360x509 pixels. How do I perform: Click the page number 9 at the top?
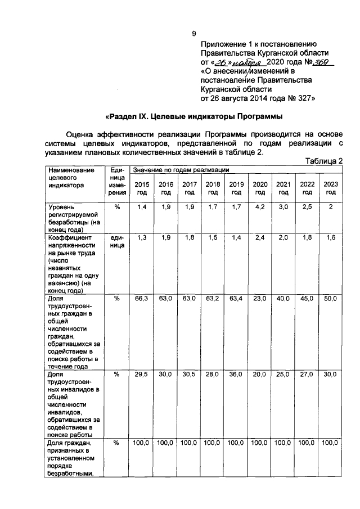pos(193,33)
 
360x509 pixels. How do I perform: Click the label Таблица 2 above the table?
pos(324,161)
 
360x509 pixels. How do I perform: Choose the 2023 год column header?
pos(331,188)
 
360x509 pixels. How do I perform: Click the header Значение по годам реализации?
pos(181,169)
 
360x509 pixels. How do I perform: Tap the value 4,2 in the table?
pos(260,208)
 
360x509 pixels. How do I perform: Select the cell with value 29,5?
pos(142,374)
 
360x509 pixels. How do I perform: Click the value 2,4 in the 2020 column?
pos(260,238)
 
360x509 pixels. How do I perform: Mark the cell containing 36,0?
pos(236,374)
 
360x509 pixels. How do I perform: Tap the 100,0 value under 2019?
pos(236,443)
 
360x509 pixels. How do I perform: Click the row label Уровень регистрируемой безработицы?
pos(73,218)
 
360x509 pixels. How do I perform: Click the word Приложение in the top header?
pos(223,43)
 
